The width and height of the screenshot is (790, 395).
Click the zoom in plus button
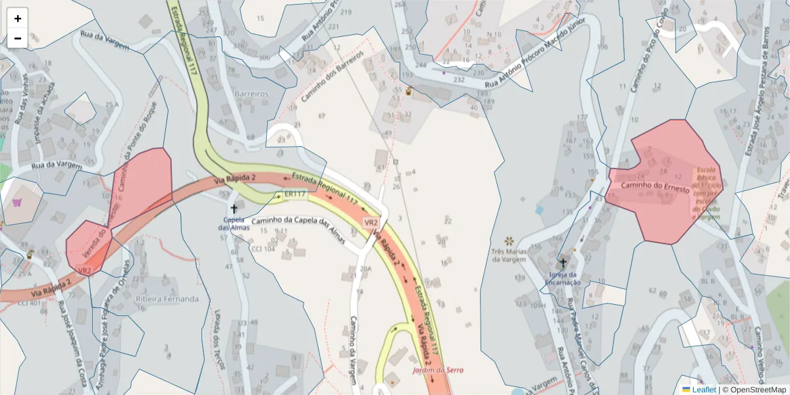tap(18, 18)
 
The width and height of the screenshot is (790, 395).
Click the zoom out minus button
tap(18, 38)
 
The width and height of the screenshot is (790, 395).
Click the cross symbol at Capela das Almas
tap(234, 208)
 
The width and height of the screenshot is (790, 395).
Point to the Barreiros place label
tap(251, 93)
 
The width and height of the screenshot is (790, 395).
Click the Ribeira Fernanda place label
tap(167, 299)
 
